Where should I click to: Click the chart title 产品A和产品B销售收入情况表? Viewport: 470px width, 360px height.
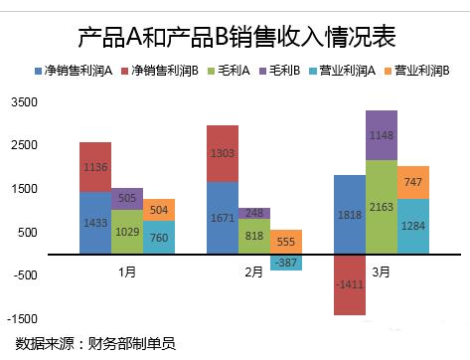pyautogui.click(x=236, y=37)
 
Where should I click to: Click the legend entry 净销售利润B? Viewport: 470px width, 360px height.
pyautogui.click(x=159, y=72)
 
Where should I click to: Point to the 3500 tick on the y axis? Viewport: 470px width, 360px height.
pyautogui.click(x=23, y=102)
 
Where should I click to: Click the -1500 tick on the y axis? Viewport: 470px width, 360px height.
pyautogui.click(x=21, y=319)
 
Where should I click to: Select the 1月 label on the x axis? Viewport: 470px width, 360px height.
pyautogui.click(x=127, y=270)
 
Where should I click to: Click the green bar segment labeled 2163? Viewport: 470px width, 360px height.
pyautogui.click(x=382, y=207)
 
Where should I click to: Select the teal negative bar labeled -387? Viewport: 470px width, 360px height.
pyautogui.click(x=286, y=263)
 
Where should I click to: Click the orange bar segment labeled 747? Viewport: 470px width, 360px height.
pyautogui.click(x=413, y=182)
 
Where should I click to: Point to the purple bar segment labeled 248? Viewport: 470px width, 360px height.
pyautogui.click(x=254, y=213)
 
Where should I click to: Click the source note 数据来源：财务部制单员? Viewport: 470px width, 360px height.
pyautogui.click(x=92, y=344)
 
